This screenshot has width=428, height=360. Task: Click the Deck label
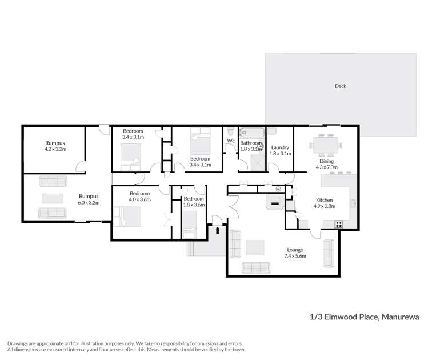point(341,86)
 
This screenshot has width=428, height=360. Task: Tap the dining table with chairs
point(327,145)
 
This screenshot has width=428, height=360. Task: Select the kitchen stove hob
point(339,224)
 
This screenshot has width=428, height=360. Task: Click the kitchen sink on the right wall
point(354,202)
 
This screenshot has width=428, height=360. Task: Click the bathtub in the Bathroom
point(250,133)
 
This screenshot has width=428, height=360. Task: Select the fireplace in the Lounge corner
point(275,202)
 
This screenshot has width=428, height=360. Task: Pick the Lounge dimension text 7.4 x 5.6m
point(295,256)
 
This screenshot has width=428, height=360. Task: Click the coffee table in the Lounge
point(255,247)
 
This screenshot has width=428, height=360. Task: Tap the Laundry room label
point(280,147)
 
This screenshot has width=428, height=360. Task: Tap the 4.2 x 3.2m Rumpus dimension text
point(55,149)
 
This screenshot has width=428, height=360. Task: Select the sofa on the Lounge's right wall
point(329,253)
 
